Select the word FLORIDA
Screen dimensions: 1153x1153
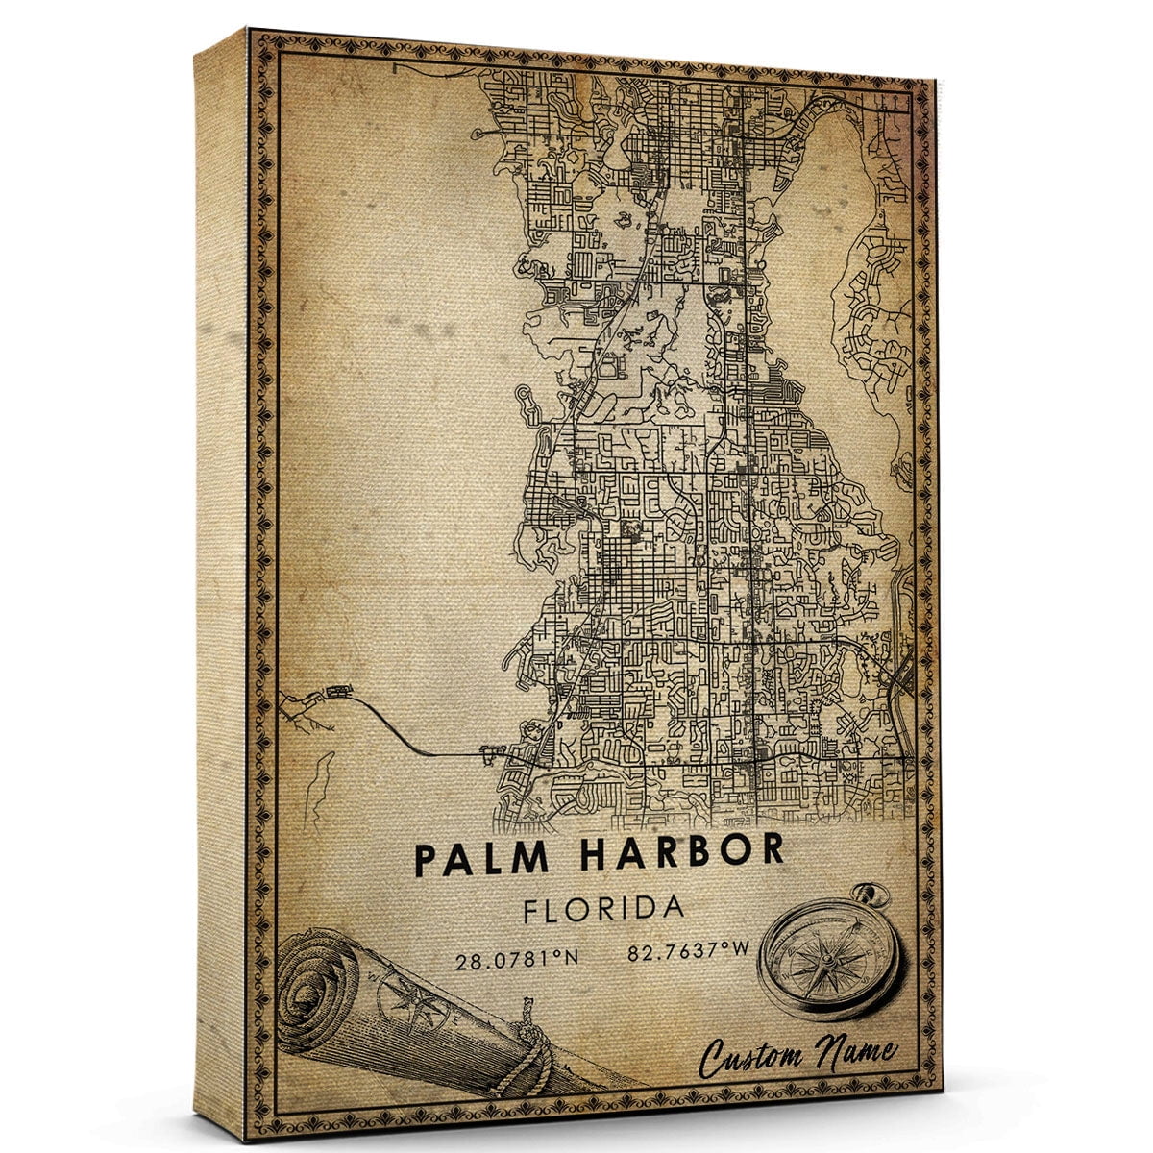[x=603, y=909]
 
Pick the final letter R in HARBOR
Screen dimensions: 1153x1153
[x=771, y=851]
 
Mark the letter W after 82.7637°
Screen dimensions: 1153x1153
[x=743, y=955]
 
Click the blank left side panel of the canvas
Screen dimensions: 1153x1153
[x=221, y=576]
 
